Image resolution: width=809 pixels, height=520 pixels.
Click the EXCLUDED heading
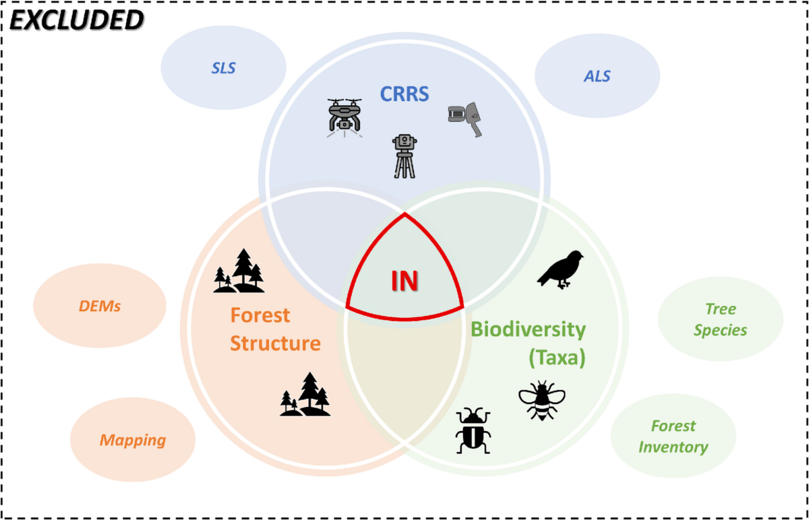pyautogui.click(x=76, y=20)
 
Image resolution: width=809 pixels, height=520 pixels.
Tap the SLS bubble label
pyautogui.click(x=224, y=68)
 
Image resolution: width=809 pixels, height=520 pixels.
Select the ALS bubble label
pyautogui.click(x=597, y=76)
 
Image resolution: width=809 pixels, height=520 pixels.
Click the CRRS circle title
pyautogui.click(x=404, y=93)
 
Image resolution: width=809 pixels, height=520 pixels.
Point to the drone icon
pyautogui.click(x=344, y=116)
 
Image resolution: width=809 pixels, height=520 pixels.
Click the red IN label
pyautogui.click(x=404, y=281)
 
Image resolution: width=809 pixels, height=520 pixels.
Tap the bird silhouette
pyautogui.click(x=560, y=269)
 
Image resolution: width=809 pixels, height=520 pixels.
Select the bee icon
pyautogui.click(x=541, y=400)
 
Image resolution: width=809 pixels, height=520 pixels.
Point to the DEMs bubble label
pyautogui.click(x=99, y=306)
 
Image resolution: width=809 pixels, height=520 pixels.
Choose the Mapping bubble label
pyautogui.click(x=133, y=441)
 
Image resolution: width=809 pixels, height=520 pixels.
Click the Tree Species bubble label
pyautogui.click(x=721, y=319)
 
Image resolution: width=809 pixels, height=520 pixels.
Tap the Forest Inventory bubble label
pyautogui.click(x=673, y=436)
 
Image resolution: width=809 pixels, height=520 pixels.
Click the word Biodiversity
pyautogui.click(x=528, y=329)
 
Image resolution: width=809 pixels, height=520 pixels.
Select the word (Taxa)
pyautogui.click(x=557, y=358)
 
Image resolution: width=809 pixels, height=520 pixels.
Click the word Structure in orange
pyautogui.click(x=275, y=343)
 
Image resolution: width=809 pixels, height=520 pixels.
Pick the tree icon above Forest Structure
pyautogui.click(x=239, y=271)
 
